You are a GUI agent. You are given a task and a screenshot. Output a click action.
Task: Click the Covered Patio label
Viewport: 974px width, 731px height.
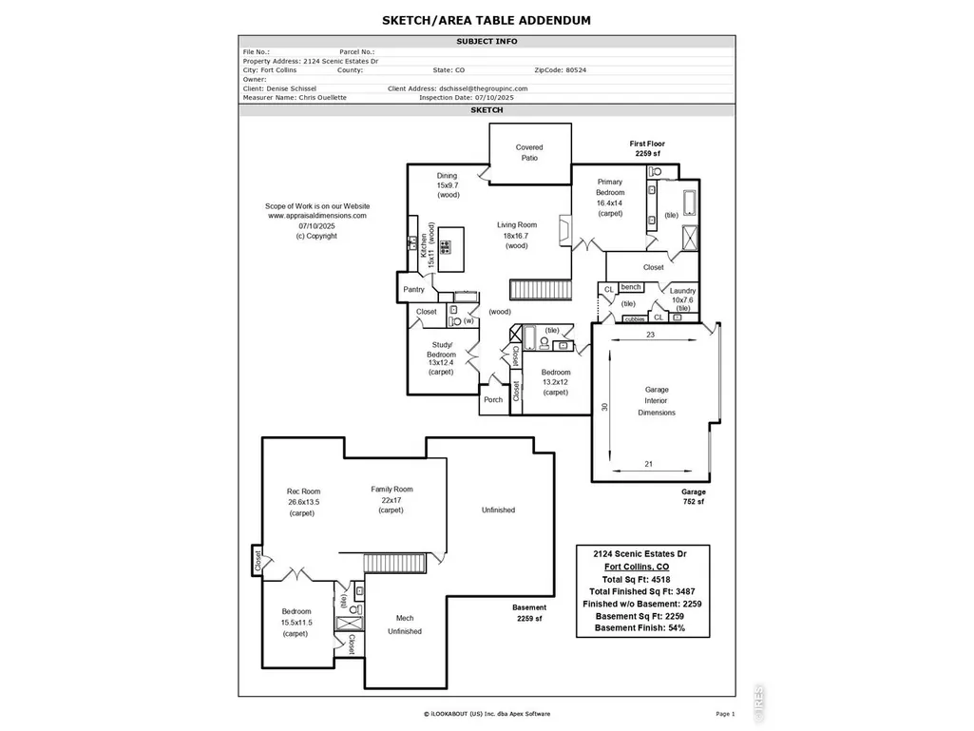click(529, 152)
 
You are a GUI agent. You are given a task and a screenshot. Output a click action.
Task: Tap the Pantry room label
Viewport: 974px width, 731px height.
click(413, 289)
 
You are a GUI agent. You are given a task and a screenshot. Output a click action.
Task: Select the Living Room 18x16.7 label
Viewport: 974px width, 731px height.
click(517, 235)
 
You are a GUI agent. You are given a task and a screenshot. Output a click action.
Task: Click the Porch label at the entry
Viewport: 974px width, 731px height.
click(493, 399)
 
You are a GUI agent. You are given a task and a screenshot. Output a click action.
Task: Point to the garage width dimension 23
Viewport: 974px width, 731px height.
click(650, 335)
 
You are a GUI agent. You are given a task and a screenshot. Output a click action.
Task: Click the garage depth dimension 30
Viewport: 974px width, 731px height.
click(604, 407)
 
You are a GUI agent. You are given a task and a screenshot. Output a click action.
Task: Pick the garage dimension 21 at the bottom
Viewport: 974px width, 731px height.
click(648, 464)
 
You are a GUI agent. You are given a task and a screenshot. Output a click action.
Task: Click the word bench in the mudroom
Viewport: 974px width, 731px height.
click(631, 286)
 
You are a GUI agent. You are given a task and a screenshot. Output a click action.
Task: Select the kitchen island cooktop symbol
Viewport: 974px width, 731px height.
click(446, 247)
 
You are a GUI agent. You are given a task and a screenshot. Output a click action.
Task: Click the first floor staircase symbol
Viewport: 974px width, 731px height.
click(541, 290)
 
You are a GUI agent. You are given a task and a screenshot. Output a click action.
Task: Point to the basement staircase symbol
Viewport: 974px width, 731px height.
click(394, 563)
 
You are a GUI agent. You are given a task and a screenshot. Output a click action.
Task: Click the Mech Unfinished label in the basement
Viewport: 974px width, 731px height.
click(405, 625)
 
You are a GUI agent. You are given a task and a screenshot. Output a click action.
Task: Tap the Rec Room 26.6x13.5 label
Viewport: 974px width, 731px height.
click(303, 502)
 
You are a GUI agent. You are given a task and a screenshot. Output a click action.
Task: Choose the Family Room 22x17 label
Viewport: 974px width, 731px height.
click(392, 500)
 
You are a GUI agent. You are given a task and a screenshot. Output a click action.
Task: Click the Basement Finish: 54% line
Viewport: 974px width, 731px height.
click(640, 627)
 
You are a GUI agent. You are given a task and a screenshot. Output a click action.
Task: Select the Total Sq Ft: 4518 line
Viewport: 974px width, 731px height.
click(636, 579)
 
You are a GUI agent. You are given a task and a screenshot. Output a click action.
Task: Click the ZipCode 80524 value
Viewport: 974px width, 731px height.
click(576, 70)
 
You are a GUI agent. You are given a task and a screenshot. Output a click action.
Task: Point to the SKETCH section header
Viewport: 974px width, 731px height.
click(487, 110)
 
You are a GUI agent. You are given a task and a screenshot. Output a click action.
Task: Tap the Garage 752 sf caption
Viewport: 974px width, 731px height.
click(694, 496)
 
